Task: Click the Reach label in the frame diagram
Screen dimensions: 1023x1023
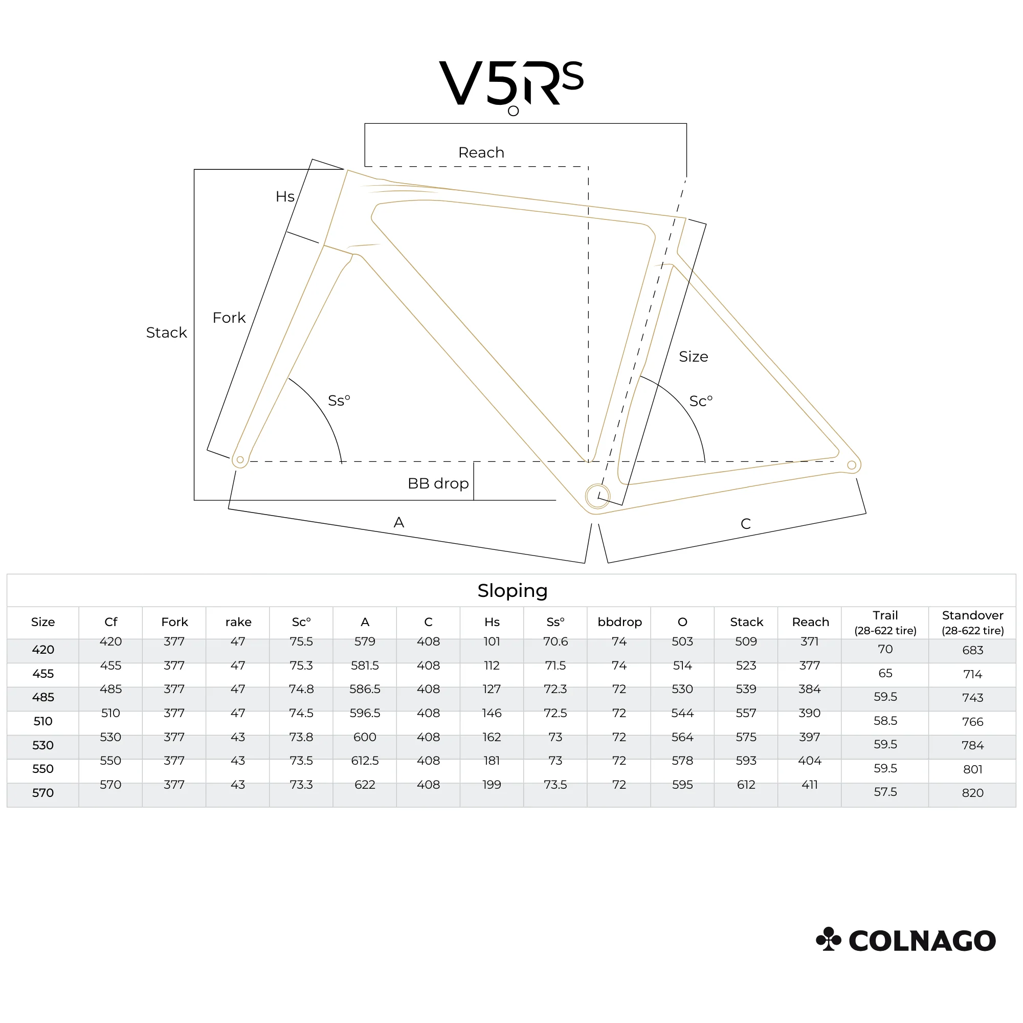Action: (x=481, y=152)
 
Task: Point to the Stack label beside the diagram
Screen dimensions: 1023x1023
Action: (x=166, y=332)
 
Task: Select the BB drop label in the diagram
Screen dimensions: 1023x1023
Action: (x=438, y=483)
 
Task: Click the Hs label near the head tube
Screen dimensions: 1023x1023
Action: (x=285, y=196)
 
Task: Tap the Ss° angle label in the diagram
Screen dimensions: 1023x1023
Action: (x=339, y=401)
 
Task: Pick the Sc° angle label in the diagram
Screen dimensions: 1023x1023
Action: (x=701, y=402)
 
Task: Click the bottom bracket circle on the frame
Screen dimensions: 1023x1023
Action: (x=597, y=497)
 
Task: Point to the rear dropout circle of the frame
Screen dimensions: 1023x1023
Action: (x=852, y=465)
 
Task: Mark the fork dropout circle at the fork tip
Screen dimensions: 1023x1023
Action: (x=240, y=460)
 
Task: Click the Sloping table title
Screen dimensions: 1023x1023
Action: (x=513, y=591)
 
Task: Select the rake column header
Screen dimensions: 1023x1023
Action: (x=238, y=622)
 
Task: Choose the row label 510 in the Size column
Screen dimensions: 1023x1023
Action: (x=43, y=721)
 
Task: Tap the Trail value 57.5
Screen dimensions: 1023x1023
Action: (x=885, y=792)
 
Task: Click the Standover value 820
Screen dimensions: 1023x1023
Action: (x=973, y=793)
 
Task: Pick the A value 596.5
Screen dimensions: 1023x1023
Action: (x=365, y=713)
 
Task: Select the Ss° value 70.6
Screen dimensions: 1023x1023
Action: (x=555, y=642)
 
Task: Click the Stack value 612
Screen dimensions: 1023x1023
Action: (x=746, y=785)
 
